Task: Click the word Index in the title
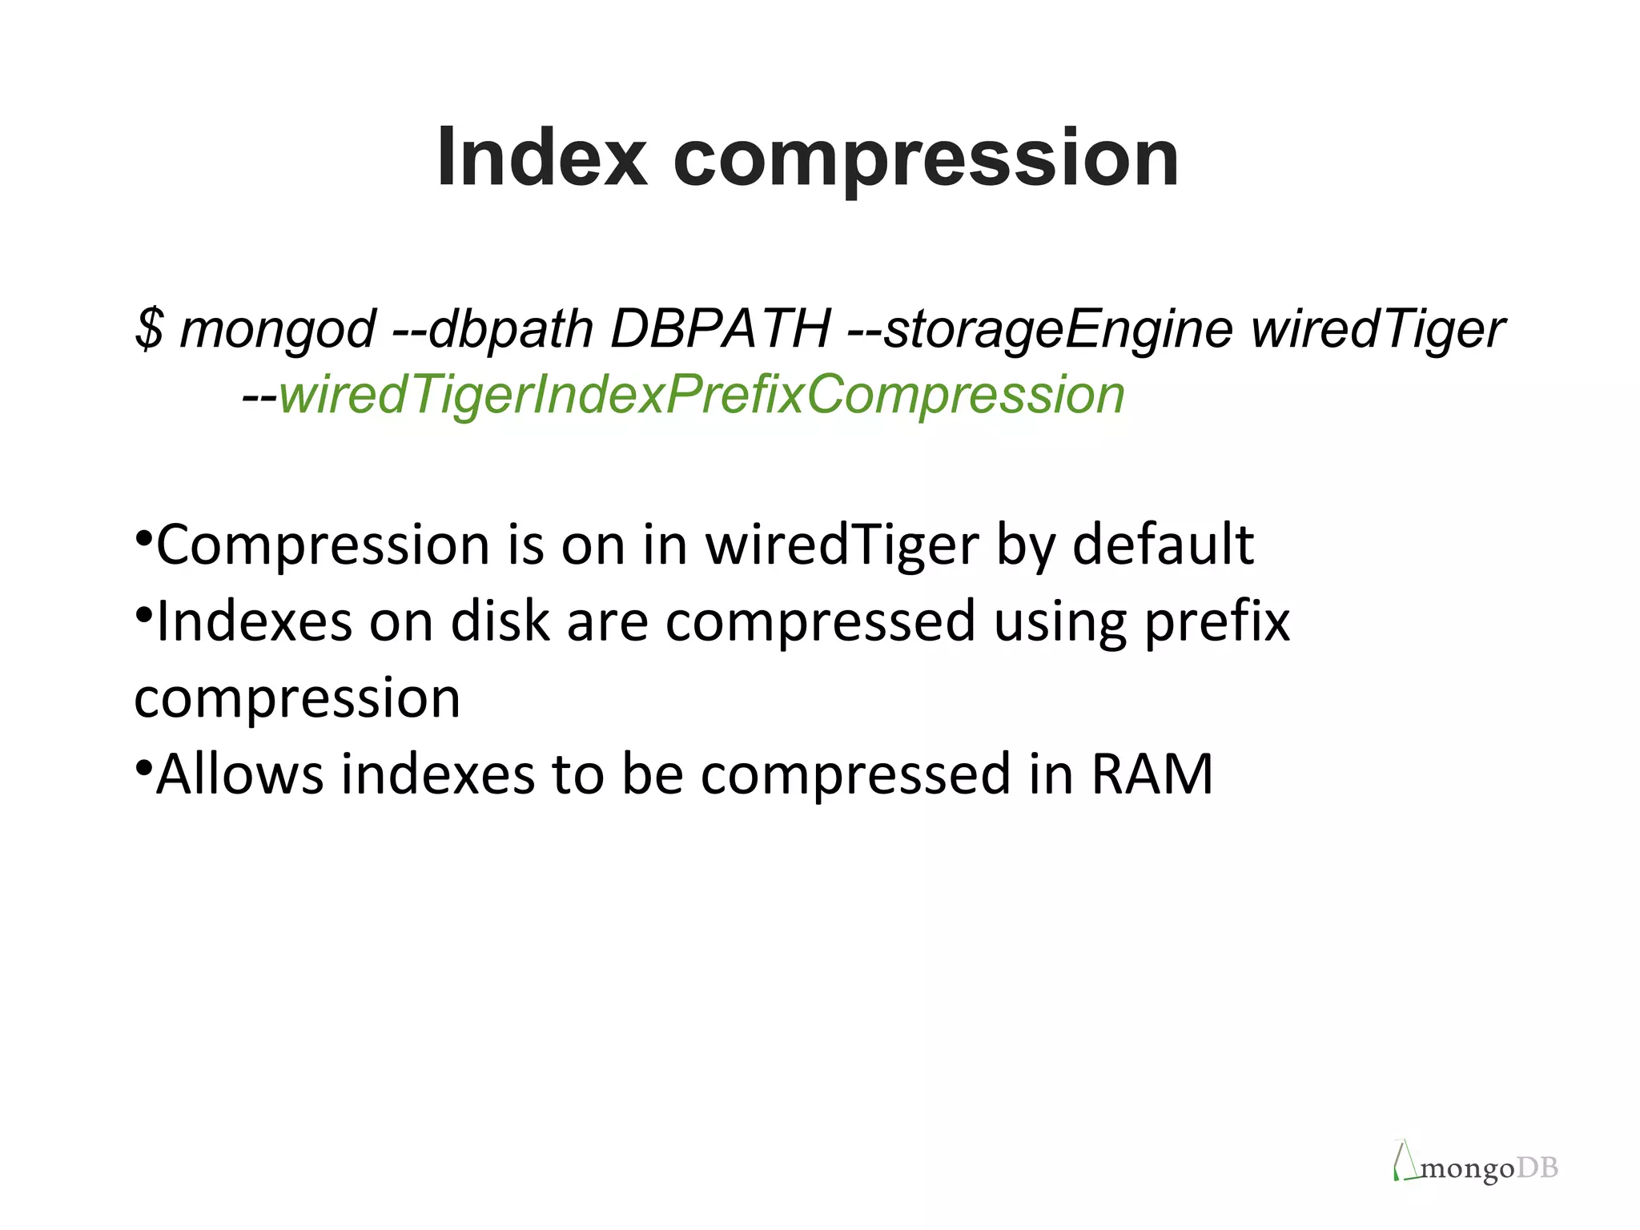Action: point(541,157)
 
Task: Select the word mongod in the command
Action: point(277,330)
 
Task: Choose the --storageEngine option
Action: point(1039,330)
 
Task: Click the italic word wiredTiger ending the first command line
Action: point(1377,330)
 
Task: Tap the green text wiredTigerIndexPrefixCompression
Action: point(701,396)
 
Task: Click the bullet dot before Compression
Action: point(143,536)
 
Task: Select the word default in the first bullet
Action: point(1163,545)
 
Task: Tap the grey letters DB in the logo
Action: point(1537,1168)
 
